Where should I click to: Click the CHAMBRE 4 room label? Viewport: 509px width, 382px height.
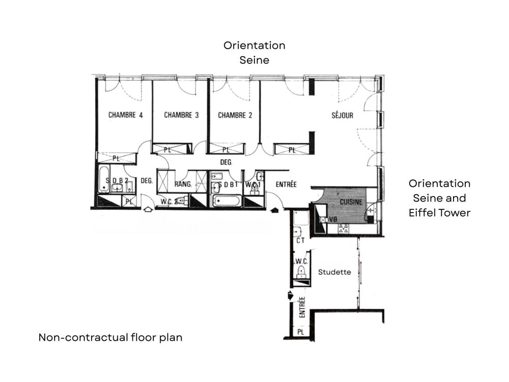pos(125,115)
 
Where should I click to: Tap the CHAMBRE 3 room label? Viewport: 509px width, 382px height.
pos(181,115)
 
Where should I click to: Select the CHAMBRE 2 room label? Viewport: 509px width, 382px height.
pos(235,115)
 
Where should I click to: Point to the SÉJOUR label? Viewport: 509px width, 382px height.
pos(342,116)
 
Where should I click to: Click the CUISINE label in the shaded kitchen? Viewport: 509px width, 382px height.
pos(351,202)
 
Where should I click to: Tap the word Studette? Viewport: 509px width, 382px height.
pos(334,272)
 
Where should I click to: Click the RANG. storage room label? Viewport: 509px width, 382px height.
pos(183,184)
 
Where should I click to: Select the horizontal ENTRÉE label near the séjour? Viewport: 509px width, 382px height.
pos(286,184)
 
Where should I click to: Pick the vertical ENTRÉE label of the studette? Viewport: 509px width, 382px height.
pos(302,308)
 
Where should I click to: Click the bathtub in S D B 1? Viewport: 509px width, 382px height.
pos(226,200)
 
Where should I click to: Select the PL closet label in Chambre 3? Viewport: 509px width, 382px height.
pos(168,149)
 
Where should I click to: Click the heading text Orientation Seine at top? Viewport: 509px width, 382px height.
pos(254,52)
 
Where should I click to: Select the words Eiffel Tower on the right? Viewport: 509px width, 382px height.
pos(439,213)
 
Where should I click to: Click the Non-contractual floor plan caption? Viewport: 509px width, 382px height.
pos(110,337)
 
